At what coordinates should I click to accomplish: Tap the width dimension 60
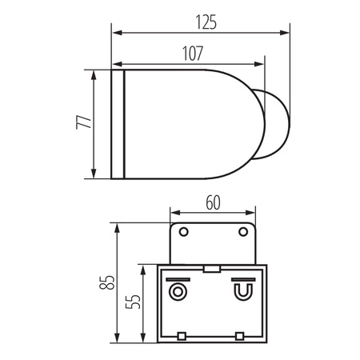tap(213, 203)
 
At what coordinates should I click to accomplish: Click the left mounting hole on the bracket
tap(183, 232)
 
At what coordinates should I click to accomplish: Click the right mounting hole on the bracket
tap(243, 232)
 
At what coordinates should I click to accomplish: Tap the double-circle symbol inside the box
tap(177, 289)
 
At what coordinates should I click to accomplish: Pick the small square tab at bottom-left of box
tap(182, 334)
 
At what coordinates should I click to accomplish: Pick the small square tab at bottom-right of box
tap(240, 334)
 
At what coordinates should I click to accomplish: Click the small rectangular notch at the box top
tap(212, 269)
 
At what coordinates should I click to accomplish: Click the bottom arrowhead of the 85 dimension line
tap(118, 338)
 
